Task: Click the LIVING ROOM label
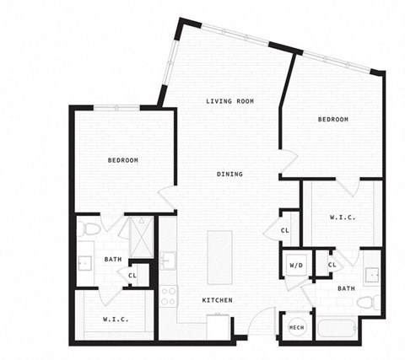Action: click(x=230, y=101)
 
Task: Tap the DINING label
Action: click(x=229, y=175)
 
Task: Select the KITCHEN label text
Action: click(x=217, y=301)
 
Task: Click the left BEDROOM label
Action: click(x=122, y=160)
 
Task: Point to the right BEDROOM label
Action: click(x=332, y=120)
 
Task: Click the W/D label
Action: click(x=296, y=265)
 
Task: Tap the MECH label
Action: click(x=296, y=327)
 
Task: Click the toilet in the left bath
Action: click(x=90, y=228)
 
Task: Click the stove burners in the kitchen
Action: click(x=168, y=296)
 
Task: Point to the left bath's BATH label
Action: click(x=113, y=260)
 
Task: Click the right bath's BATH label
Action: click(x=346, y=288)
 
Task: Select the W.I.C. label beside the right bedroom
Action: click(x=342, y=218)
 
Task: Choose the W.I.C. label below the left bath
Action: click(x=116, y=319)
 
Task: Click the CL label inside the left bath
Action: click(x=133, y=275)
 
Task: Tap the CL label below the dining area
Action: click(x=285, y=230)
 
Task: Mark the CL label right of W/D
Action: click(x=332, y=265)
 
